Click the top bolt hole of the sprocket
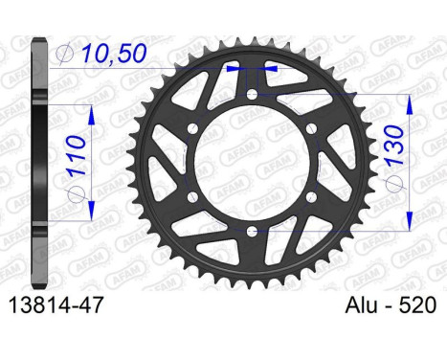click(x=252, y=95)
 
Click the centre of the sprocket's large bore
click(x=252, y=163)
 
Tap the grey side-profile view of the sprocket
click(x=38, y=163)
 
